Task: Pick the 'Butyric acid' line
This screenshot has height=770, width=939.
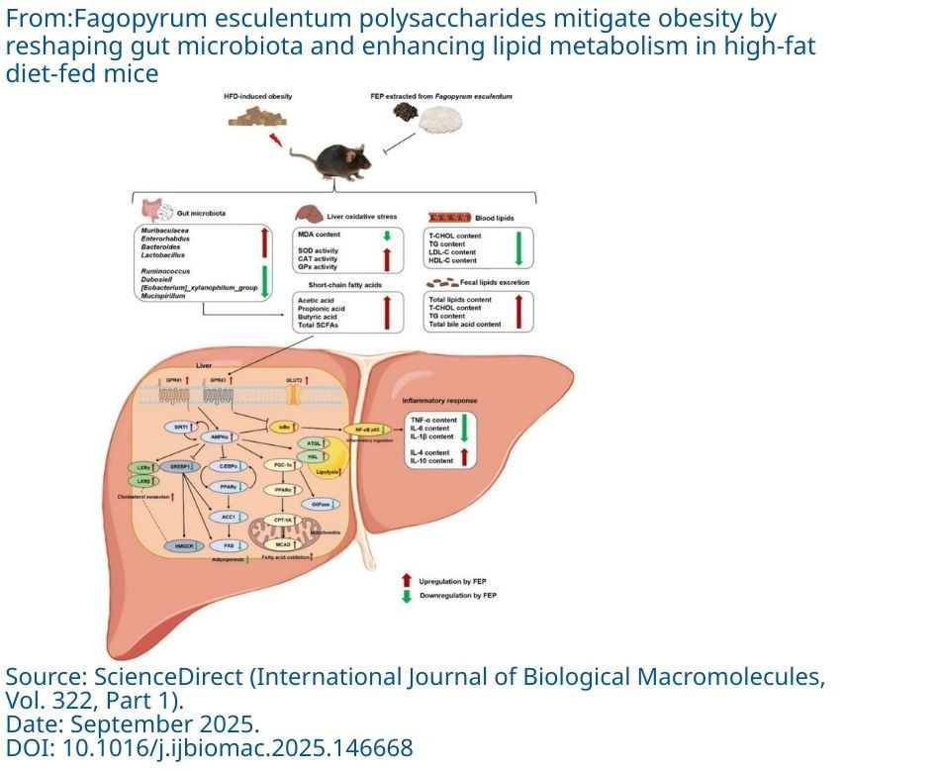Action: point(320,318)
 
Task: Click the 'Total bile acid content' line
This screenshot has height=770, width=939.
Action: point(464,325)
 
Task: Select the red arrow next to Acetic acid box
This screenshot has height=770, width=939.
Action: point(387,313)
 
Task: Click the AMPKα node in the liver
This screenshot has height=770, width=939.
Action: point(222,436)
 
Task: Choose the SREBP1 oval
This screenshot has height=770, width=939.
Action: point(181,464)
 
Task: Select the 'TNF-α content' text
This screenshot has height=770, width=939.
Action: point(431,420)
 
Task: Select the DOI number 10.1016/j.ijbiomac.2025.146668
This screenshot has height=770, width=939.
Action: point(237,748)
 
